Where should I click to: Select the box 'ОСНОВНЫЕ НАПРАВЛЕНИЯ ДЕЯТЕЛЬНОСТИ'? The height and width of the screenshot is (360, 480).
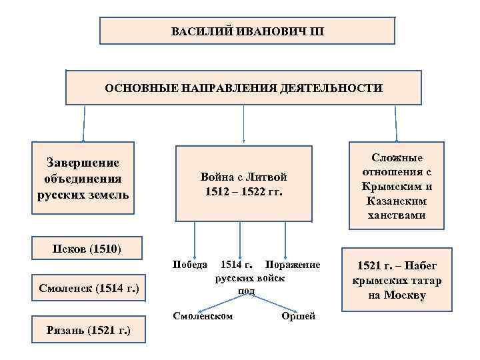click(x=244, y=88)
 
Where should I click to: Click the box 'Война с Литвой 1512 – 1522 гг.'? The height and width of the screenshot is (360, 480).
click(x=243, y=184)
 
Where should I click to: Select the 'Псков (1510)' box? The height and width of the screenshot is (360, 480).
click(x=87, y=249)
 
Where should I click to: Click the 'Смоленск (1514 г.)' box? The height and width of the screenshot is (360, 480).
click(x=89, y=289)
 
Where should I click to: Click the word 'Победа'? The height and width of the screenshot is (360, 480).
click(x=189, y=265)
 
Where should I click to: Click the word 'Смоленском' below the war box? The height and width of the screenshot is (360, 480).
click(x=203, y=315)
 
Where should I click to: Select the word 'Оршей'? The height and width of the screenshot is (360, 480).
click(x=299, y=315)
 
